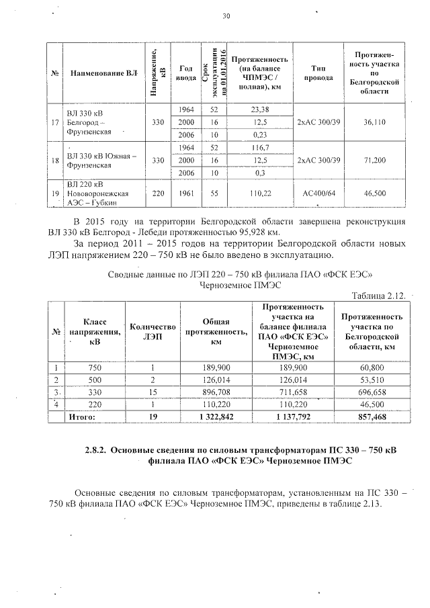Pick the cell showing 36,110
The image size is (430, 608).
click(x=374, y=122)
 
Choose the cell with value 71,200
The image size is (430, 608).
click(x=374, y=161)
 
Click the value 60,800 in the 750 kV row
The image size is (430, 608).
click(x=372, y=367)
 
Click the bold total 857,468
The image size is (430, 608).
click(x=372, y=417)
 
